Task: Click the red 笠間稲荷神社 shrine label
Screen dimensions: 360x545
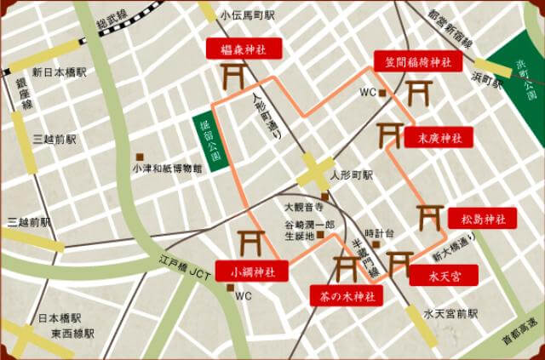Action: pyautogui.click(x=418, y=61)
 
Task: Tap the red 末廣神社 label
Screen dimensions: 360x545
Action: pyautogui.click(x=439, y=136)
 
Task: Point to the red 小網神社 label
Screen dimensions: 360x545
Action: pyautogui.click(x=251, y=272)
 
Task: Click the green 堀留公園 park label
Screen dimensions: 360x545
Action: pyautogui.click(x=207, y=142)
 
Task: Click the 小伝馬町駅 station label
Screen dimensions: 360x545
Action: pyautogui.click(x=247, y=15)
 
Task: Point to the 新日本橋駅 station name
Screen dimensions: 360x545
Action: pyautogui.click(x=60, y=72)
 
